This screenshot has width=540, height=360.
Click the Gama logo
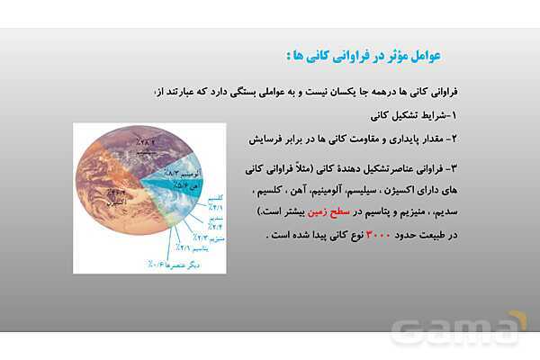point(459,329)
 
